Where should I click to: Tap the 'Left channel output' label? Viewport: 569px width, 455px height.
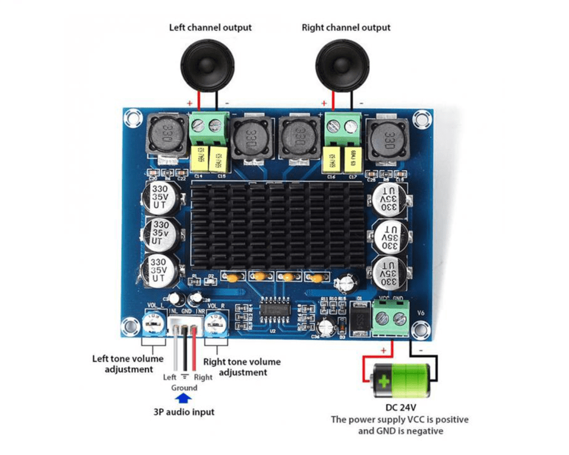point(210,27)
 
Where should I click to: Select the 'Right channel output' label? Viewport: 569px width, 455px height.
point(346,27)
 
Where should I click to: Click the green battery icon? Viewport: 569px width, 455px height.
point(402,382)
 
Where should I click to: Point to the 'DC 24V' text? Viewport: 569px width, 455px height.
point(402,408)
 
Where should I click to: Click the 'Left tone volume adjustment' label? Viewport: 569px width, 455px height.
point(129,364)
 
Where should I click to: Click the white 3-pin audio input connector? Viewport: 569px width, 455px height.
point(184,328)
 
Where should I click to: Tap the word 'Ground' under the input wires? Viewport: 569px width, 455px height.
point(184,387)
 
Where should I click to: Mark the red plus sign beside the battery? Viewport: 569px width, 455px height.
point(383,350)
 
